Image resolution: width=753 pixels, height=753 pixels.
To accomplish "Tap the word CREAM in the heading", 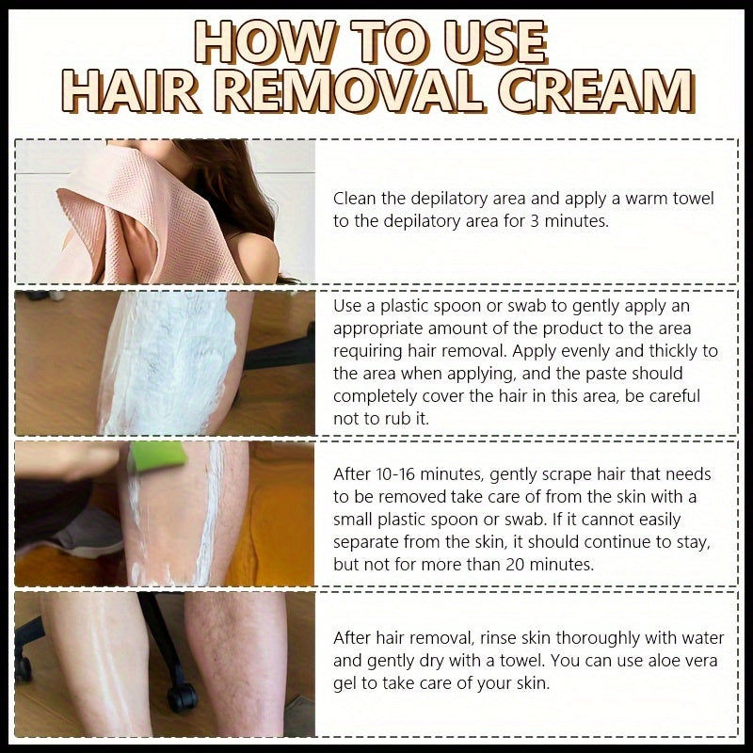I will click(599, 94).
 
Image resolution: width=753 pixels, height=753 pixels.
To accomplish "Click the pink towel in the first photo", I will click(141, 216).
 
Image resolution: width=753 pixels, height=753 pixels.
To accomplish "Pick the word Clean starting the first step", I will click(355, 199).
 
